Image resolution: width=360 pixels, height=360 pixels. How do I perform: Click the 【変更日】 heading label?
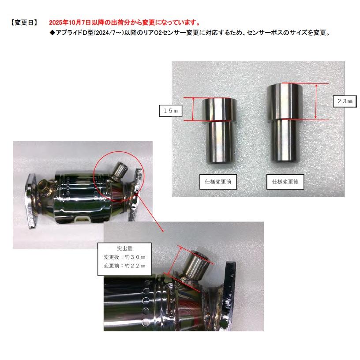tap(24, 22)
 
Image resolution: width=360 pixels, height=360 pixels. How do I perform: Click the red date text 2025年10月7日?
tap(70, 22)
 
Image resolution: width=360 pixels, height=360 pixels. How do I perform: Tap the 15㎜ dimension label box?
tap(171, 111)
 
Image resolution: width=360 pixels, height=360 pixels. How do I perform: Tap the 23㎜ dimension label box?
tap(345, 101)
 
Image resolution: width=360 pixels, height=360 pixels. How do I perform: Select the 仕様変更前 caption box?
tap(218, 182)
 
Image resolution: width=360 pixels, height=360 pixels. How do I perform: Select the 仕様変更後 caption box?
tap(285, 182)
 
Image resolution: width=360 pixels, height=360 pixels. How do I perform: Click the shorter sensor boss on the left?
tap(219, 131)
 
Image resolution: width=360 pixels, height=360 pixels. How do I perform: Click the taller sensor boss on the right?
tap(285, 123)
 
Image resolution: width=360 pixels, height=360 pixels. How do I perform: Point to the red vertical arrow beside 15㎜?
tap(193, 109)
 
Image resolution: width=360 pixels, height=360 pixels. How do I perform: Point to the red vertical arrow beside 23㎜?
tap(316, 101)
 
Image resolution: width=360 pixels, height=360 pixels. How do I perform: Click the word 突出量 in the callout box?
tap(124, 248)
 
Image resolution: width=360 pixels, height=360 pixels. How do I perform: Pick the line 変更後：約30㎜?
tap(124, 257)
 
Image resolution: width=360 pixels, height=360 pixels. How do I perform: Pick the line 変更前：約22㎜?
tap(124, 266)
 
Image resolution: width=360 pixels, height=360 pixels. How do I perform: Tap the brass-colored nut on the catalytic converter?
tap(44, 187)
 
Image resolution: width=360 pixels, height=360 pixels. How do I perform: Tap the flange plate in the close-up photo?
tap(229, 295)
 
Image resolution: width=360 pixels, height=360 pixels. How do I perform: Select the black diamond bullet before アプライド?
tap(52, 33)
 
